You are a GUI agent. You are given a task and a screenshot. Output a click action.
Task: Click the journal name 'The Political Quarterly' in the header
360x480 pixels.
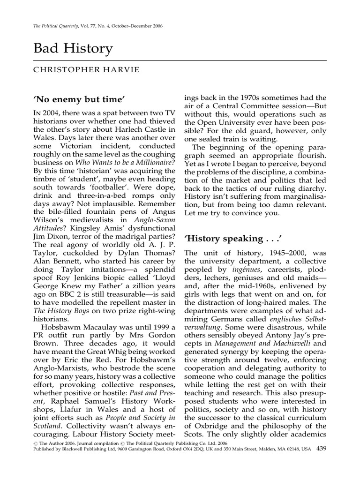[57, 26]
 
